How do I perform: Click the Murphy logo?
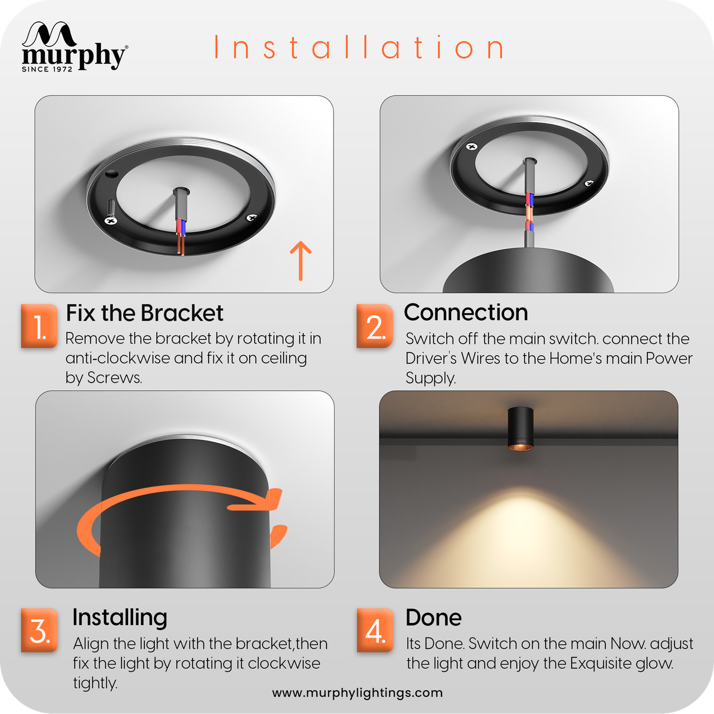click(x=75, y=46)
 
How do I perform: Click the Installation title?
click(x=359, y=47)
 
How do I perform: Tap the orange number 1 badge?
click(x=39, y=326)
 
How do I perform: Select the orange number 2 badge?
click(x=375, y=326)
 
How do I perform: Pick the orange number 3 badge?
click(x=39, y=630)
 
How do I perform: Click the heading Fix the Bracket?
click(x=144, y=313)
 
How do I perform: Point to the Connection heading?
click(x=466, y=312)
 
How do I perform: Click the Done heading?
click(x=433, y=618)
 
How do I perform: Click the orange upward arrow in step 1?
click(x=300, y=261)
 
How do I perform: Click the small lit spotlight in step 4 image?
click(x=521, y=429)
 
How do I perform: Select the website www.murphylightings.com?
click(x=357, y=693)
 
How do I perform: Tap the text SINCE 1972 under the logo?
click(x=47, y=69)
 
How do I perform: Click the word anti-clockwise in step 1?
click(x=118, y=358)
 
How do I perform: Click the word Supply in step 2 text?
click(x=430, y=378)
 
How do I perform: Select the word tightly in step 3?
click(x=95, y=683)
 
